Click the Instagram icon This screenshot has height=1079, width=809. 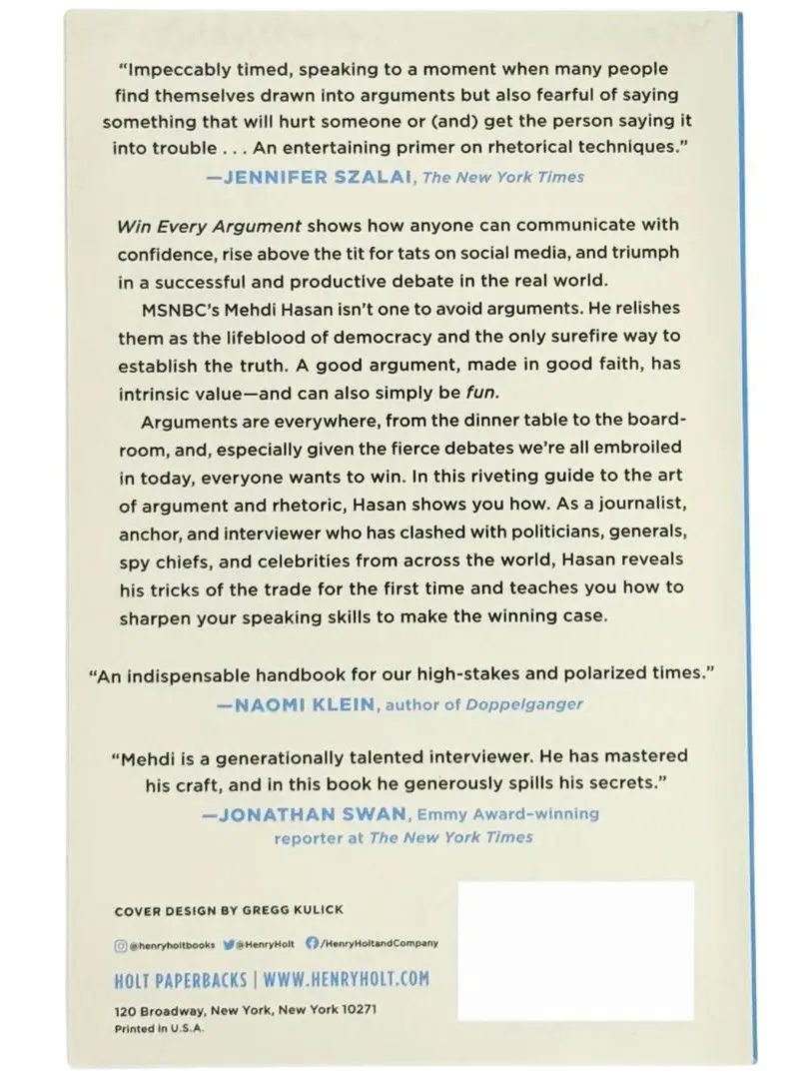(x=121, y=942)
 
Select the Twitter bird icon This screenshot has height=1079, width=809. (x=228, y=942)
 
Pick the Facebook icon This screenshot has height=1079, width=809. (x=311, y=942)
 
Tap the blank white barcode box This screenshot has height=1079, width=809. (x=575, y=949)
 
